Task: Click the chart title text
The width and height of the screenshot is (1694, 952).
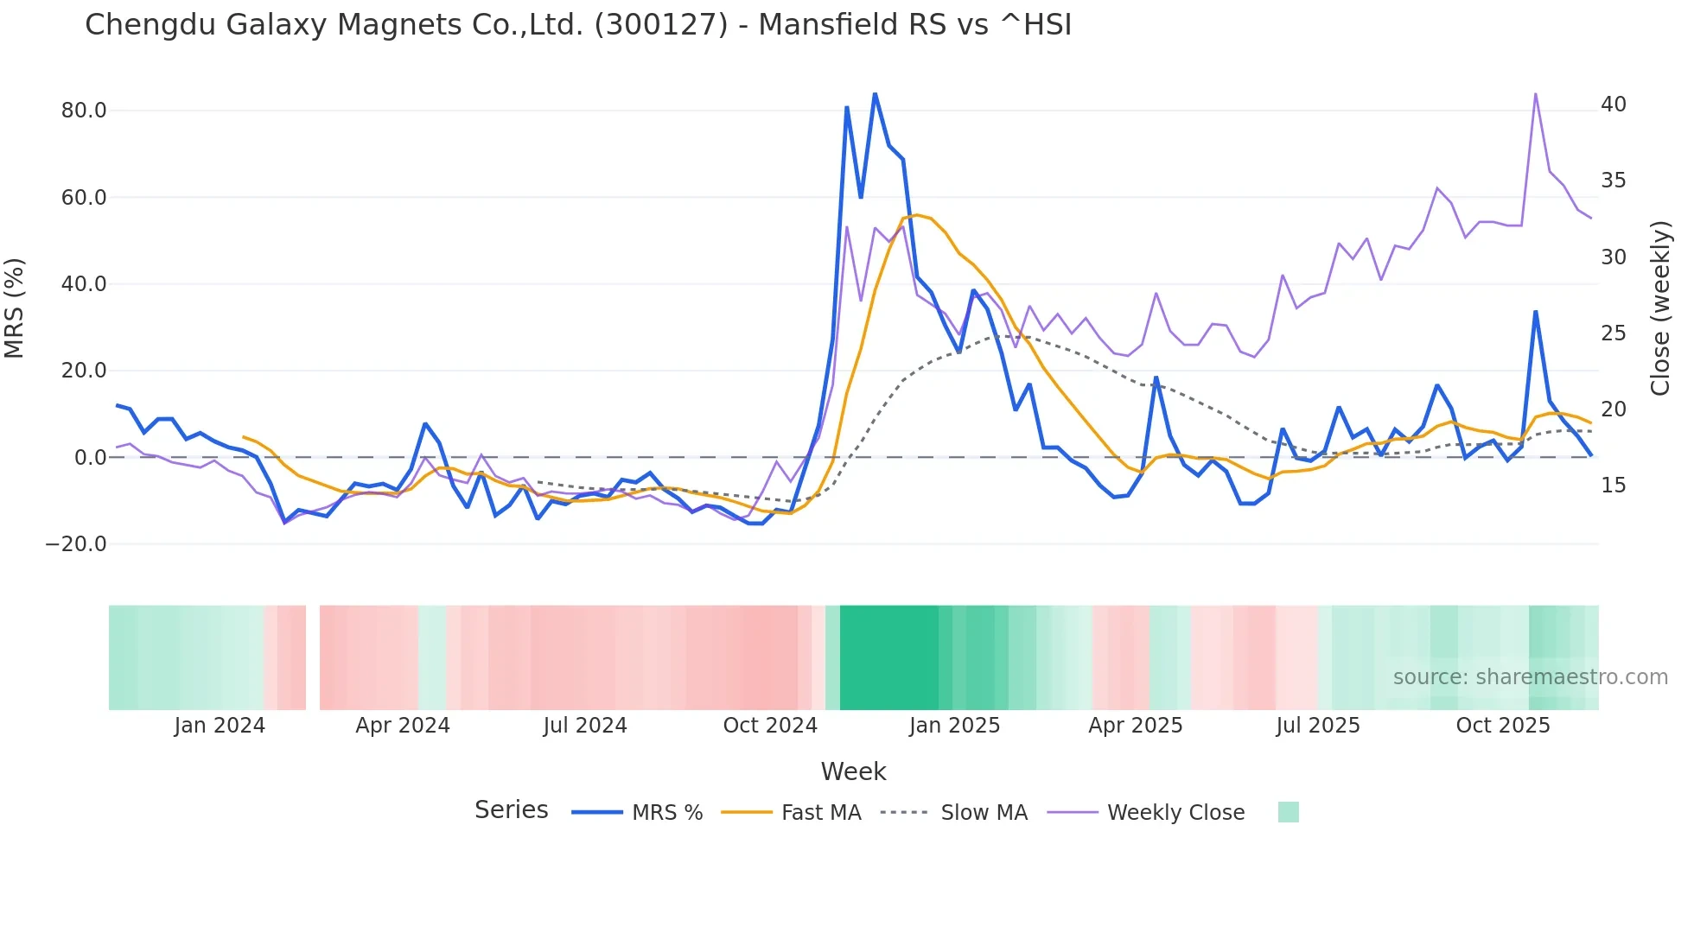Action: [x=577, y=25]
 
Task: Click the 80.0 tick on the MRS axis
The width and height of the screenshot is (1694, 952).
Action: [x=84, y=111]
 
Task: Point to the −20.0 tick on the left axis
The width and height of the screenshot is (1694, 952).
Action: [x=76, y=544]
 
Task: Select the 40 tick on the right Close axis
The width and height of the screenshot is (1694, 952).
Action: [x=1613, y=105]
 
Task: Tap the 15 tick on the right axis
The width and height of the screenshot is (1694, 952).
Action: [x=1613, y=486]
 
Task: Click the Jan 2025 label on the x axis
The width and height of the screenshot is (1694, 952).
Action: [x=954, y=726]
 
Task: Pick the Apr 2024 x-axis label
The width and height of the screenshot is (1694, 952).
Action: [x=403, y=726]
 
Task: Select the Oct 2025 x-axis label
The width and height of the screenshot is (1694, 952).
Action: [x=1503, y=726]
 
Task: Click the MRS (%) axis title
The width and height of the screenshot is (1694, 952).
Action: [x=15, y=308]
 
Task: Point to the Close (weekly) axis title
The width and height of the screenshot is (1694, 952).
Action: [x=1659, y=308]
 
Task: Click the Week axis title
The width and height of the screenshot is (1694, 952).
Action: [x=853, y=771]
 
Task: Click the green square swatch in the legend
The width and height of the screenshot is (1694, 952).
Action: [x=1288, y=812]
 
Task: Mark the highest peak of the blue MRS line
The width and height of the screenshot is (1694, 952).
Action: [x=875, y=93]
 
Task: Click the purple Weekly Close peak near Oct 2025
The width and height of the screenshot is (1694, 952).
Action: [x=1535, y=93]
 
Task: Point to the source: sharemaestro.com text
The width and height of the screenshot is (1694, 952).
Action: [x=1530, y=677]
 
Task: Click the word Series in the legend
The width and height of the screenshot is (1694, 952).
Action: [x=511, y=810]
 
